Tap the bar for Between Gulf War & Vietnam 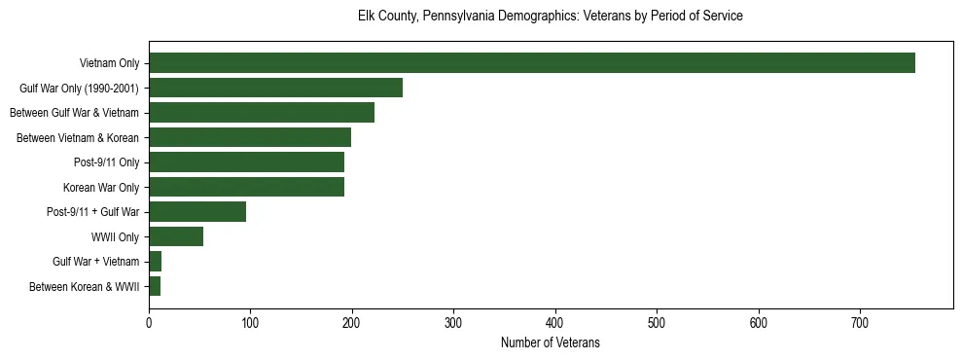click(x=262, y=113)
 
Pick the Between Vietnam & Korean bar click(x=250, y=137)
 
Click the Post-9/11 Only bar click(x=246, y=162)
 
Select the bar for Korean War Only click(x=246, y=187)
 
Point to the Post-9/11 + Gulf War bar click(x=197, y=212)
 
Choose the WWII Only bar click(x=176, y=236)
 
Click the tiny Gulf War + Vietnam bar click(x=156, y=262)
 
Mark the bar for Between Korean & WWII click(x=155, y=286)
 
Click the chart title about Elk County click(x=551, y=17)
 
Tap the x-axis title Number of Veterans click(x=551, y=343)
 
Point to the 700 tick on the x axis click(x=860, y=322)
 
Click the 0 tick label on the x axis click(x=149, y=322)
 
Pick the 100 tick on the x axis click(x=250, y=322)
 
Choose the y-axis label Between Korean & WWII click(x=85, y=287)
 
